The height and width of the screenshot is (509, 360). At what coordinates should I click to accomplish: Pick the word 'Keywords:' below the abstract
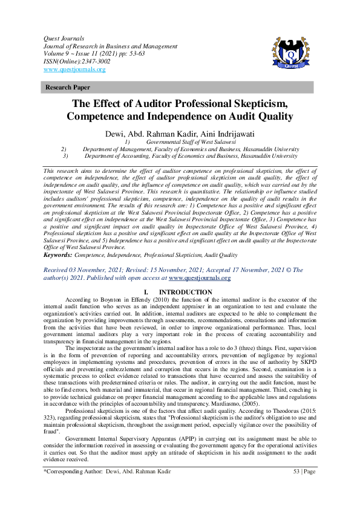[x=58, y=256]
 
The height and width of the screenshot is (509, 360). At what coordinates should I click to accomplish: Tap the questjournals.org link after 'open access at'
[x=200, y=278]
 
